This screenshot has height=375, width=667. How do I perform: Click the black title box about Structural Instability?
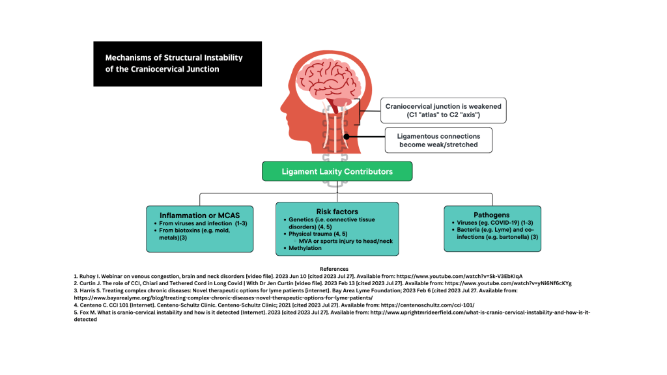coord(177,64)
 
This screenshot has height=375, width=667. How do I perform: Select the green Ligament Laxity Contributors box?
coord(337,172)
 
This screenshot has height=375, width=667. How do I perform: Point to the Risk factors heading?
coord(337,212)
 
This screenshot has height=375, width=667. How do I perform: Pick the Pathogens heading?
coord(492,215)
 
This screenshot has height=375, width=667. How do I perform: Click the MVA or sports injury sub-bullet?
coord(345,241)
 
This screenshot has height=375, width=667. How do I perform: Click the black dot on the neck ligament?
coord(347,137)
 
